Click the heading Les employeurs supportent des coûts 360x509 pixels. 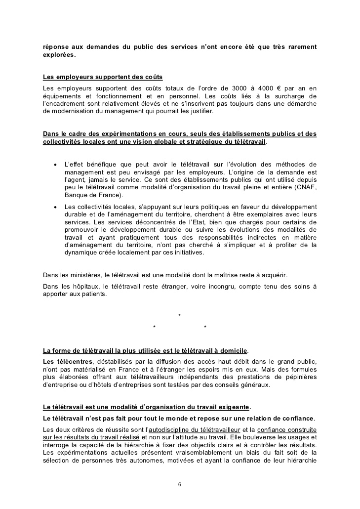[103, 78]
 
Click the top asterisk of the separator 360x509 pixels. [179, 316]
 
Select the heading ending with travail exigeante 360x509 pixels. [147, 407]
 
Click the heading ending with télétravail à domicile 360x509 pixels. [146, 351]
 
